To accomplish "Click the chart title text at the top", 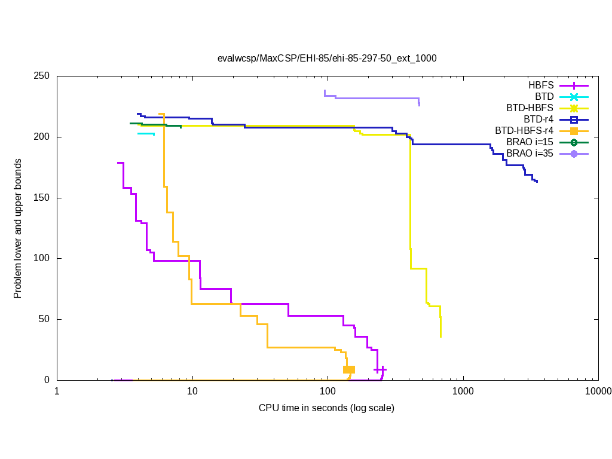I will point(327,59).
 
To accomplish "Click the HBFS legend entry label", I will point(541,85).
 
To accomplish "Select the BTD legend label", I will point(544,97).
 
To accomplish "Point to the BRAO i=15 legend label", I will point(530,142).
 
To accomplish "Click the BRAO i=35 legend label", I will point(530,154).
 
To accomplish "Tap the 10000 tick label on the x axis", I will point(598,392).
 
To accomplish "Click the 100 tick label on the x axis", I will point(328,392).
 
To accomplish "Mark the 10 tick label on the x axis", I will point(192,392).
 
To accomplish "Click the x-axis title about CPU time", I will point(326,408).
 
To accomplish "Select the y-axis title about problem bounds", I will point(18,228).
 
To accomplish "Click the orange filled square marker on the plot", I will point(349,369).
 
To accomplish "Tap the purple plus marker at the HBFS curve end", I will point(380,370).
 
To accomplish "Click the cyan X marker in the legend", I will point(574,97).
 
